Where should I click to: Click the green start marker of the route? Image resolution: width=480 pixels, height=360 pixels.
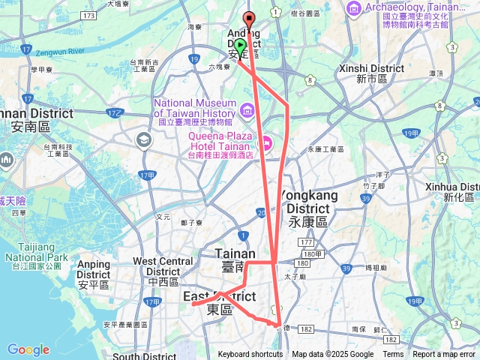tap(240, 44)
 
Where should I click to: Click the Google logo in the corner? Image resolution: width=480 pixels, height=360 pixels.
tap(28, 349)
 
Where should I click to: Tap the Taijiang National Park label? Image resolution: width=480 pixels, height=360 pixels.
tap(37, 250)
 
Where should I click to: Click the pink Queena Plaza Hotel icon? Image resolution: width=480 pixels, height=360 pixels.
tap(265, 141)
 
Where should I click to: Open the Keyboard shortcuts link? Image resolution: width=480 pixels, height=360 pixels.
tap(250, 355)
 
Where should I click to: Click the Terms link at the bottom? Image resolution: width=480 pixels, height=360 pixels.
tap(393, 355)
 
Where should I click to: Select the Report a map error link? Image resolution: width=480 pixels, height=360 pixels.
tap(444, 355)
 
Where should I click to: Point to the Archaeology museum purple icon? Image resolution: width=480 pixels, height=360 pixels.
tap(353, 7)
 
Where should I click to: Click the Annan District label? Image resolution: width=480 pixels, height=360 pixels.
tap(37, 120)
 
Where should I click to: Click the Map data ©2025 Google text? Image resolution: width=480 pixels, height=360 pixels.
tap(333, 355)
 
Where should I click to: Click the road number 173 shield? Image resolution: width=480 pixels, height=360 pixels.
tap(91, 16)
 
